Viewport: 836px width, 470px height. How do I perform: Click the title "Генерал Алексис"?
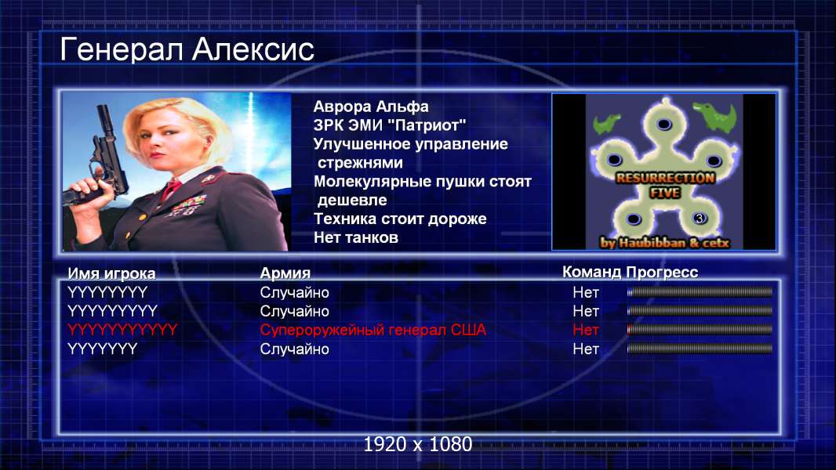[187, 49]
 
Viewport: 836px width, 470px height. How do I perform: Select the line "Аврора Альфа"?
[370, 107]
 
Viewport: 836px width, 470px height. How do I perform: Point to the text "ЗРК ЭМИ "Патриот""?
[390, 125]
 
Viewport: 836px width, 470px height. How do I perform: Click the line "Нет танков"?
[355, 237]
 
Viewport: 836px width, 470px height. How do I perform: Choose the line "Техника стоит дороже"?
[400, 219]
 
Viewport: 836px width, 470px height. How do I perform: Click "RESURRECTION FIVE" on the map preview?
[665, 185]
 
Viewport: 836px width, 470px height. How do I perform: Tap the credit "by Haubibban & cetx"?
[664, 243]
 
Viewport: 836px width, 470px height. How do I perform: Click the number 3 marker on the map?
[699, 219]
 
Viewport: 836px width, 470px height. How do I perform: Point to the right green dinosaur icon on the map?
[715, 116]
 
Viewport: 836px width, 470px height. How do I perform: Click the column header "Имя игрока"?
[111, 273]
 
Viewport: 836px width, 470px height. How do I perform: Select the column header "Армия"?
[285, 273]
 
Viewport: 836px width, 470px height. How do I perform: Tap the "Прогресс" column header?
[662, 272]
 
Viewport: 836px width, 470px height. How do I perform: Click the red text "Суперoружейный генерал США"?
[373, 330]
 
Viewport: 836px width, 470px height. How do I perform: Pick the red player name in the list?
[122, 330]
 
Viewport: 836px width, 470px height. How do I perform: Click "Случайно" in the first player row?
[294, 293]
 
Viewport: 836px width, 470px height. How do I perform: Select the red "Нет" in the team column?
[586, 330]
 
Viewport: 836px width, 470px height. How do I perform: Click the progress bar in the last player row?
[700, 349]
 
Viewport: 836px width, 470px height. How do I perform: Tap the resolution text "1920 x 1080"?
[417, 444]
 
